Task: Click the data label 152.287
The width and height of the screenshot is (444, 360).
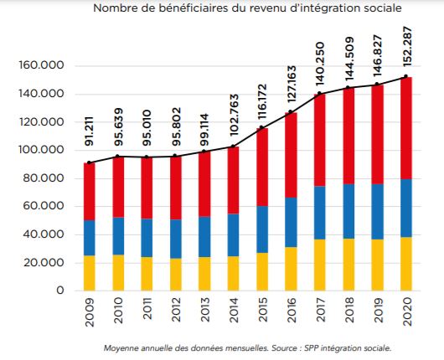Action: (x=406, y=47)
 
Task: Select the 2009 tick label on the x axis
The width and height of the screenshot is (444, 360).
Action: (x=90, y=312)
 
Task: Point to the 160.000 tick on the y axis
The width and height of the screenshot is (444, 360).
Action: (x=41, y=65)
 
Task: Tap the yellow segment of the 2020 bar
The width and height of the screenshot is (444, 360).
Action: (x=406, y=264)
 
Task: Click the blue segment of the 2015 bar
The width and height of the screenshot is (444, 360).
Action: (x=262, y=229)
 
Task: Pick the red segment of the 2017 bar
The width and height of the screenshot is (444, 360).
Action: (x=320, y=140)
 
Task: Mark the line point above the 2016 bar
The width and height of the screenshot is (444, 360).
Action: (x=290, y=112)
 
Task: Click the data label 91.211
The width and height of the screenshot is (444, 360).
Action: (x=89, y=131)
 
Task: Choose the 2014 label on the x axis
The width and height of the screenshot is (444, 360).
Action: (x=234, y=311)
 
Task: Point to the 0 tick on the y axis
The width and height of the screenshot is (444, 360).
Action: (x=60, y=291)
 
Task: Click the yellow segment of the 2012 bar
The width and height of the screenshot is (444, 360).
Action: (x=176, y=275)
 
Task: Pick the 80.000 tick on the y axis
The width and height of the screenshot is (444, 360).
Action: (x=41, y=178)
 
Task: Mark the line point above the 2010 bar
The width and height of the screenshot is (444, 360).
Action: (x=118, y=157)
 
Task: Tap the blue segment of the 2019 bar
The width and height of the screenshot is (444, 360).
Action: (x=377, y=212)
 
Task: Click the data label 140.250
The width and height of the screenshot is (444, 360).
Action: (x=320, y=64)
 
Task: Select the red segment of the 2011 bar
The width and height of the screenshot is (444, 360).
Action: (x=147, y=188)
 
